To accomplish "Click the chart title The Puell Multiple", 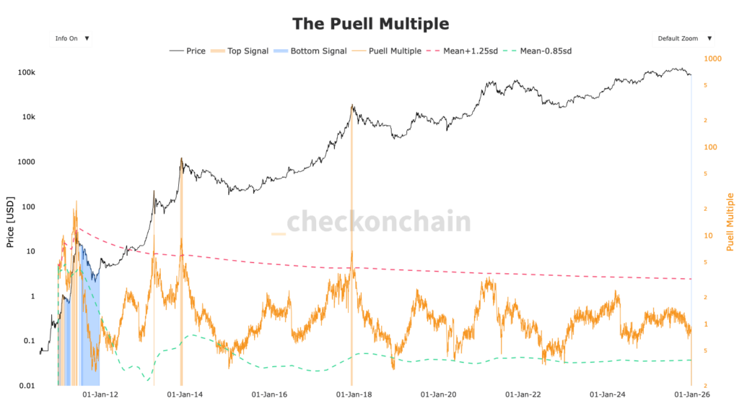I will pyautogui.click(x=370, y=24).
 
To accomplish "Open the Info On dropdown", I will pyautogui.click(x=71, y=38).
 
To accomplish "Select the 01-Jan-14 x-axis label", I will pyautogui.click(x=185, y=395).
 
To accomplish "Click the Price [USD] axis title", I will pyautogui.click(x=10, y=221).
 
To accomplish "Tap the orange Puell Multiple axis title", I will pyautogui.click(x=730, y=222).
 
